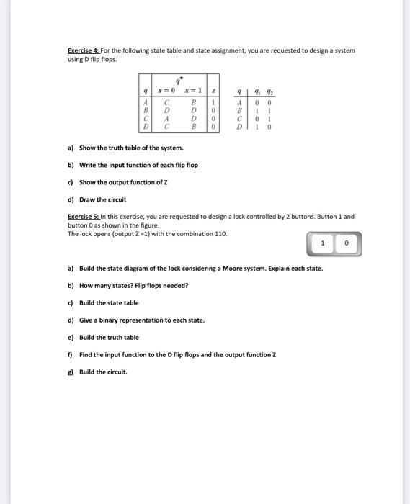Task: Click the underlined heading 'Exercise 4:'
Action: pos(83,50)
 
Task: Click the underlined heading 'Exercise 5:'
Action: pos(83,217)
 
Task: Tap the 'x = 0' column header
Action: pos(167,91)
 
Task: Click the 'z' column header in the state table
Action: pos(213,91)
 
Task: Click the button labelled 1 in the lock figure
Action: pos(323,243)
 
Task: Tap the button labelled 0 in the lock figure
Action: pos(347,243)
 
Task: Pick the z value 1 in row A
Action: pos(213,102)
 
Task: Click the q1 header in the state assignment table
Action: pos(257,91)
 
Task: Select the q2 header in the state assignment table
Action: pos(269,91)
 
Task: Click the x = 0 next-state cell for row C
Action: pos(166,118)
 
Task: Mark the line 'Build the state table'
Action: pos(109,303)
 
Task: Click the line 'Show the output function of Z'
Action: pos(125,182)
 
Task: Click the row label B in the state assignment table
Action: pos(240,110)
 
